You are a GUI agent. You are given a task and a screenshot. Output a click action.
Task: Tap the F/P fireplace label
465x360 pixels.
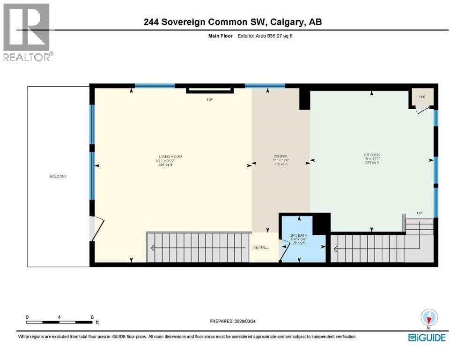click(210, 99)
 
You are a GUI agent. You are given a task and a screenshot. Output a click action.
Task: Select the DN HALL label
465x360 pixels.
click(261, 247)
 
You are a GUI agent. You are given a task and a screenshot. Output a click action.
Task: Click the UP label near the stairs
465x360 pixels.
click(420, 214)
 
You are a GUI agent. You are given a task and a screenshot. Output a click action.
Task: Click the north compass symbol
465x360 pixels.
click(428, 318)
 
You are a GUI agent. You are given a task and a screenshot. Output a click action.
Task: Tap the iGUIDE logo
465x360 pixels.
click(427, 337)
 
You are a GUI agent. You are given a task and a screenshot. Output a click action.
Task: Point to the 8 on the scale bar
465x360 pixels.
click(92, 317)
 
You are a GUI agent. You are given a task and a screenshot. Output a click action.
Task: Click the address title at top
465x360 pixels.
click(233, 22)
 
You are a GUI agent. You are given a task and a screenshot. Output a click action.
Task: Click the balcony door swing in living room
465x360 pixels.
click(96, 229)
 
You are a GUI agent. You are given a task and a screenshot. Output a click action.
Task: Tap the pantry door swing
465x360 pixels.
click(423, 109)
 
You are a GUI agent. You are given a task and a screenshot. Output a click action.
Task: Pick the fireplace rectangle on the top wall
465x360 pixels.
click(210, 90)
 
